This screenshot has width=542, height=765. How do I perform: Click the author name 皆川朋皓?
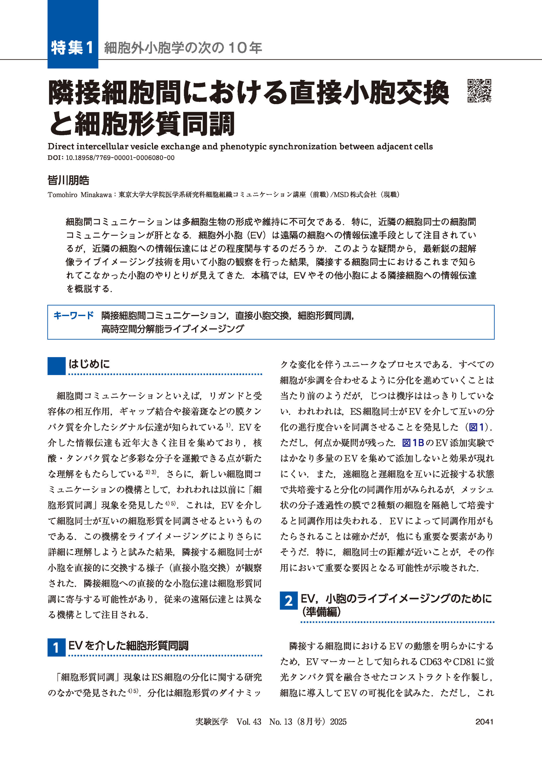coord(68,181)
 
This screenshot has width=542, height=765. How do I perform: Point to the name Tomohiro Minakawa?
coord(79,195)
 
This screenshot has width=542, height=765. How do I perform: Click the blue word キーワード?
coord(73,316)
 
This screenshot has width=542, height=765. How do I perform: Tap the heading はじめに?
coord(89,364)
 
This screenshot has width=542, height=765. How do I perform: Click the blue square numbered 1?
coord(56,648)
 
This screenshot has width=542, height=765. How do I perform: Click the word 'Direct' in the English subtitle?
coord(61,146)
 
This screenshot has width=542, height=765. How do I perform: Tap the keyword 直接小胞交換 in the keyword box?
coord(262,316)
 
